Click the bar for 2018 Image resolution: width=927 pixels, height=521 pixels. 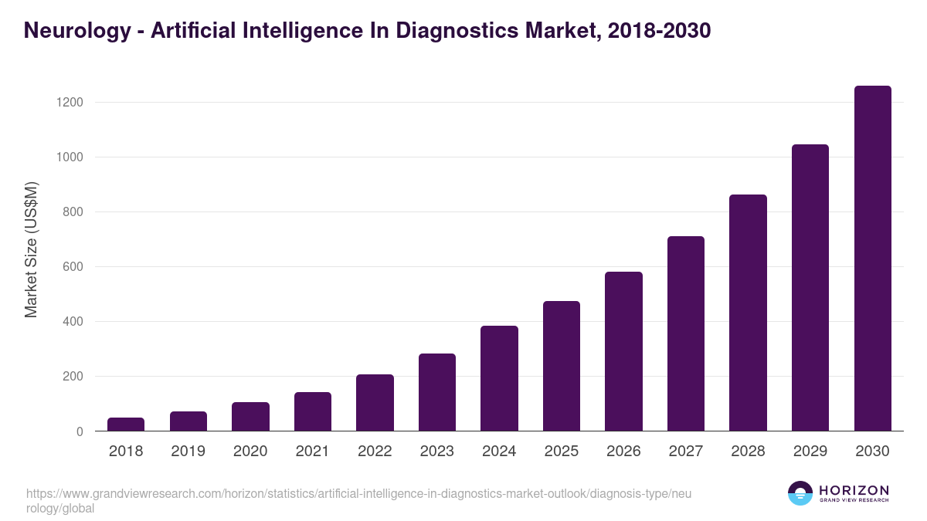click(x=126, y=425)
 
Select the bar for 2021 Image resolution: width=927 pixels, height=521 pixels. click(x=313, y=411)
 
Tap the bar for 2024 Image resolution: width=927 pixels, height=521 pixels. click(x=499, y=378)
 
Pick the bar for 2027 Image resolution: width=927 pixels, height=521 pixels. click(x=686, y=333)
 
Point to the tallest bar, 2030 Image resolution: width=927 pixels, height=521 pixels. click(x=872, y=259)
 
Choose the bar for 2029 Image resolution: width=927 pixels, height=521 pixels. click(x=810, y=287)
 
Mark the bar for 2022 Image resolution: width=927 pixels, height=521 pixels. click(x=375, y=402)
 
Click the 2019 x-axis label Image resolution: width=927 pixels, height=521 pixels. click(x=188, y=452)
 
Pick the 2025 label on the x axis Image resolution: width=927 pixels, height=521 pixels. click(x=561, y=452)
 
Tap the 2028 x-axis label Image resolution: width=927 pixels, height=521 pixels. click(x=748, y=452)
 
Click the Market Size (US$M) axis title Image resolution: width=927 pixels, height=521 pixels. click(x=31, y=250)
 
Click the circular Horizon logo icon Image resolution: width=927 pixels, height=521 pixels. click(x=800, y=494)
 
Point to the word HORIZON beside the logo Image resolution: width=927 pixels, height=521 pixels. click(x=854, y=490)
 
